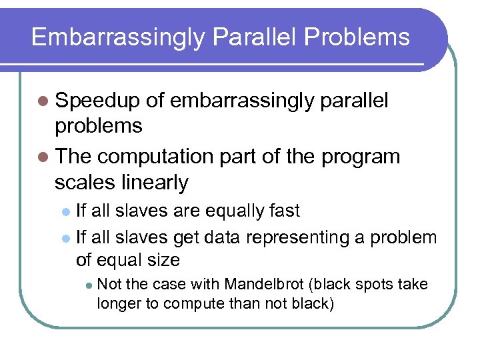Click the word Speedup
97,101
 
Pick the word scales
83,182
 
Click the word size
163,259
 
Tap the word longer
117,303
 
